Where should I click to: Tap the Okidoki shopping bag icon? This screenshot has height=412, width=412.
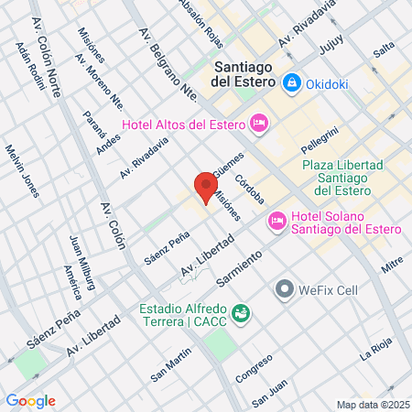coord(291,81)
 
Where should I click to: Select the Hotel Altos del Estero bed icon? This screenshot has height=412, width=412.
coord(258,122)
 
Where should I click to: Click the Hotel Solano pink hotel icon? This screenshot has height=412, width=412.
coord(276,221)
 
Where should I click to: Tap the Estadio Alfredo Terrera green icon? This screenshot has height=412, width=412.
coord(241,313)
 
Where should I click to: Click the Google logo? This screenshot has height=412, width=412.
coord(30,401)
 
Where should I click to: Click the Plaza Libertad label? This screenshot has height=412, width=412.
coord(337,178)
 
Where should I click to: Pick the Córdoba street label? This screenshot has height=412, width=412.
coord(249,189)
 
